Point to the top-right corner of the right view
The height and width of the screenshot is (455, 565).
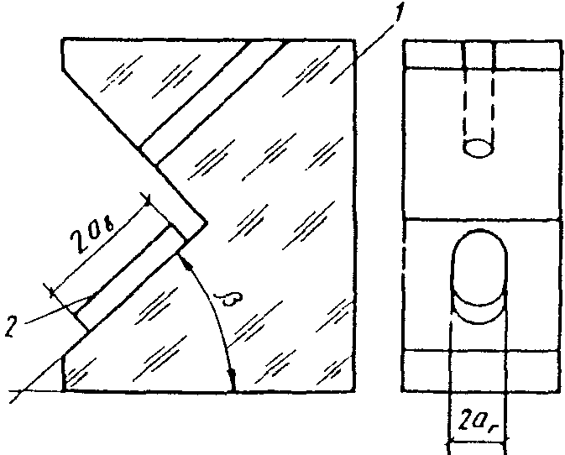click(x=557, y=39)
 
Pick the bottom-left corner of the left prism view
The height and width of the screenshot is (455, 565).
click(x=64, y=391)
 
